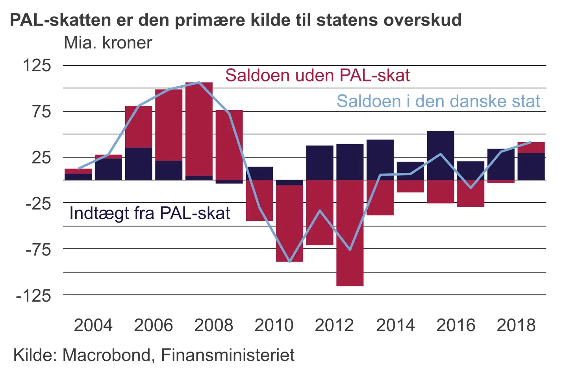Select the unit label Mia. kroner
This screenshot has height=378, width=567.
click(107, 43)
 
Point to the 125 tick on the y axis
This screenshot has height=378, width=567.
click(37, 65)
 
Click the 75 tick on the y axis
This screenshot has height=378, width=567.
click(42, 112)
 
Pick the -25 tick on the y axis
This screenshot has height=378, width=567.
click(39, 204)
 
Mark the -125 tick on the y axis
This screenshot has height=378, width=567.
click(34, 295)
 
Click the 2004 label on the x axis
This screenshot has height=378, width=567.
click(93, 325)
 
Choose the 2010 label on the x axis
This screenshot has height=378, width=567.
click(274, 325)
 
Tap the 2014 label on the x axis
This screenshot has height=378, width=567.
click(395, 325)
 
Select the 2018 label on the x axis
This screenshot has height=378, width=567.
click(516, 325)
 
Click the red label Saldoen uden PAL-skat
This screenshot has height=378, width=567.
click(317, 75)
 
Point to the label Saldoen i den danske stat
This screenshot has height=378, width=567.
click(438, 101)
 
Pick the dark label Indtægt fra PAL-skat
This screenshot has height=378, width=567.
click(150, 213)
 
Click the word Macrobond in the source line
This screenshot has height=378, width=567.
click(106, 355)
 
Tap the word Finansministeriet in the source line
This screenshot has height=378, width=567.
click(228, 355)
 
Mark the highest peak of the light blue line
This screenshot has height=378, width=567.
click(199, 82)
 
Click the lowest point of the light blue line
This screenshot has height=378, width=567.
click(289, 262)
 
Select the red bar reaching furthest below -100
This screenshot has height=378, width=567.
click(350, 236)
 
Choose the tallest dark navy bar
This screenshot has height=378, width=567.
click(441, 155)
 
